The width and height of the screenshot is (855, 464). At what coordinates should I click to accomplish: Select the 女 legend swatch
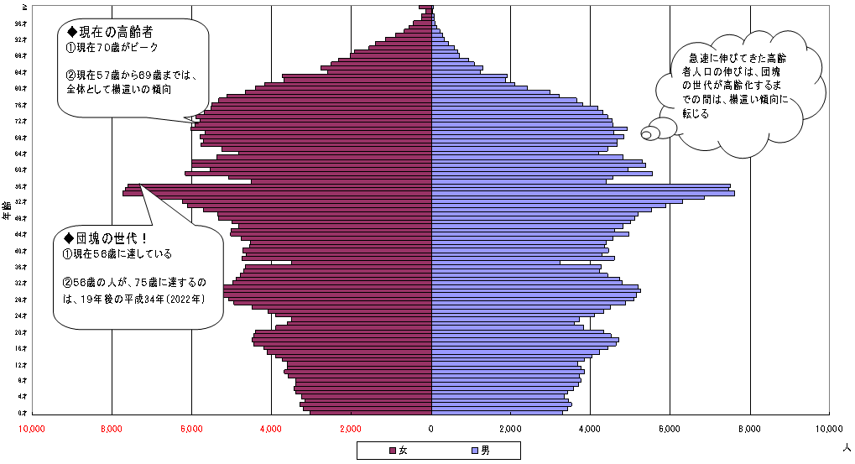tap(392, 451)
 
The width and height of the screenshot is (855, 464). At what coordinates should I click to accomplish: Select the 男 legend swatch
tap(475, 451)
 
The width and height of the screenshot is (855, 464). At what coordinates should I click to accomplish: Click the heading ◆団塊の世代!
tap(106, 237)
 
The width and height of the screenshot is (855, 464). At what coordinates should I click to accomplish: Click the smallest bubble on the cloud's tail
tap(646, 133)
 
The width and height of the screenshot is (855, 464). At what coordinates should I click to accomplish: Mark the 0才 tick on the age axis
tap(23, 412)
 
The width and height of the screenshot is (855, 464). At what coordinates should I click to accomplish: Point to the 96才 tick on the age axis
tap(23, 23)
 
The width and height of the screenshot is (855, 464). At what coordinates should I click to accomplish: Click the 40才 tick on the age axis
tap(23, 250)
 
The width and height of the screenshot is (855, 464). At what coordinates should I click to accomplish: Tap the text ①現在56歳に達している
tap(117, 254)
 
